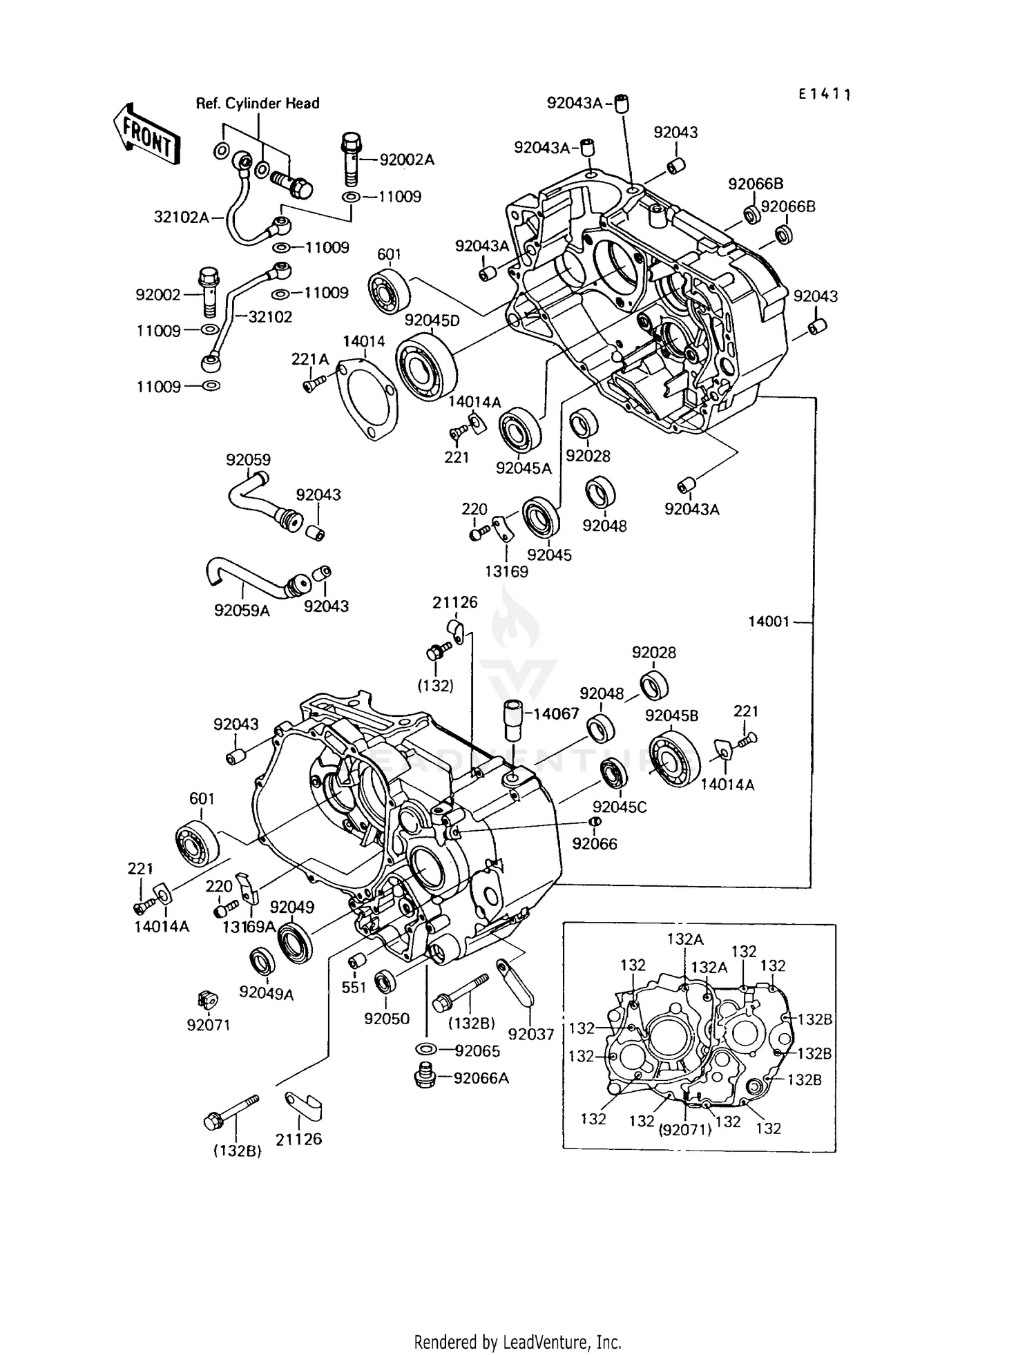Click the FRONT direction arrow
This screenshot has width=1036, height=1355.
146,134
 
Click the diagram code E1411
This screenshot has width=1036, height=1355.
824,94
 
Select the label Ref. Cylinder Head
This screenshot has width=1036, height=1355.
258,104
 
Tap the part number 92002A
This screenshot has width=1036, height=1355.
407,160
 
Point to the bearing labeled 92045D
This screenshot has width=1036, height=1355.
426,367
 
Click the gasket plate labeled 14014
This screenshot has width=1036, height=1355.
367,401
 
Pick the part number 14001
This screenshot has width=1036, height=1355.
768,622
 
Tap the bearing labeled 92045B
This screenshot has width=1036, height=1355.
674,758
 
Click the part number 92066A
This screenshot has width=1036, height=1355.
481,1078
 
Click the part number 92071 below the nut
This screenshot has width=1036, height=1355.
208,1025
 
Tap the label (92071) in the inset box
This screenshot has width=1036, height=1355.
684,1129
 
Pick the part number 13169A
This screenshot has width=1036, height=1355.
249,927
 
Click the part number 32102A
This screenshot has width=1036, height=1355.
181,218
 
